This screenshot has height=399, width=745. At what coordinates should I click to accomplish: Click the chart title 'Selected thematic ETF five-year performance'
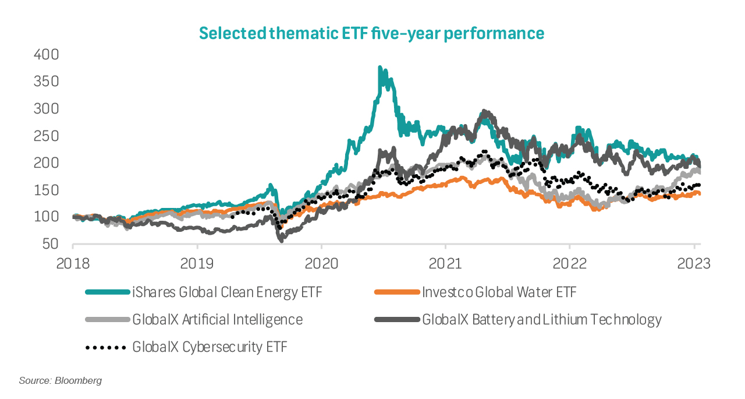tap(372, 33)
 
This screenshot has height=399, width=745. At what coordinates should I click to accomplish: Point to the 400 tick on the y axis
tap(47, 55)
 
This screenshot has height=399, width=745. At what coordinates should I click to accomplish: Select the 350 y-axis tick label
tap(47, 82)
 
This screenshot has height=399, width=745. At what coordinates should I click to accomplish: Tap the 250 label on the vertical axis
tap(47, 136)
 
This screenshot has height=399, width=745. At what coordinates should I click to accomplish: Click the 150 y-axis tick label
tap(47, 190)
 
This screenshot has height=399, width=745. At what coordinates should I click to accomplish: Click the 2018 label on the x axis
tap(73, 263)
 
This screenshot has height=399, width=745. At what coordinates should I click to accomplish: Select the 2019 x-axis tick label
tap(197, 263)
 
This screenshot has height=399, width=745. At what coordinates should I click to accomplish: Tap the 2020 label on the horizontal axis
tap(322, 263)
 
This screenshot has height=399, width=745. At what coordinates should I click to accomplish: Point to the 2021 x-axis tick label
tap(446, 263)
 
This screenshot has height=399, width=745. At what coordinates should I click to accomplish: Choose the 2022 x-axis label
tap(570, 263)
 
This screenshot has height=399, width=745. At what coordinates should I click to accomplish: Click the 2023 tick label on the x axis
tap(694, 263)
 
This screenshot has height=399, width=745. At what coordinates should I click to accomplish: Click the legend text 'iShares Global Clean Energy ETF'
tap(227, 292)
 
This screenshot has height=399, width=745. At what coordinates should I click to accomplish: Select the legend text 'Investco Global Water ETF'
tap(499, 292)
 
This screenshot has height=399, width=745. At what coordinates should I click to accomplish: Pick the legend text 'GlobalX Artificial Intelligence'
tap(217, 320)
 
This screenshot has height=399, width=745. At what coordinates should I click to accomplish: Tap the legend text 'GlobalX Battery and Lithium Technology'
tap(542, 320)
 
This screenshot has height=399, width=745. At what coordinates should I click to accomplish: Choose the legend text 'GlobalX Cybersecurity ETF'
tap(210, 347)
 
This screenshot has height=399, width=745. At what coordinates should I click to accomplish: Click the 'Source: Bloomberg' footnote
tap(61, 381)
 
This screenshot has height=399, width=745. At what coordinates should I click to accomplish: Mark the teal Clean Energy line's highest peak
tap(380, 68)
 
